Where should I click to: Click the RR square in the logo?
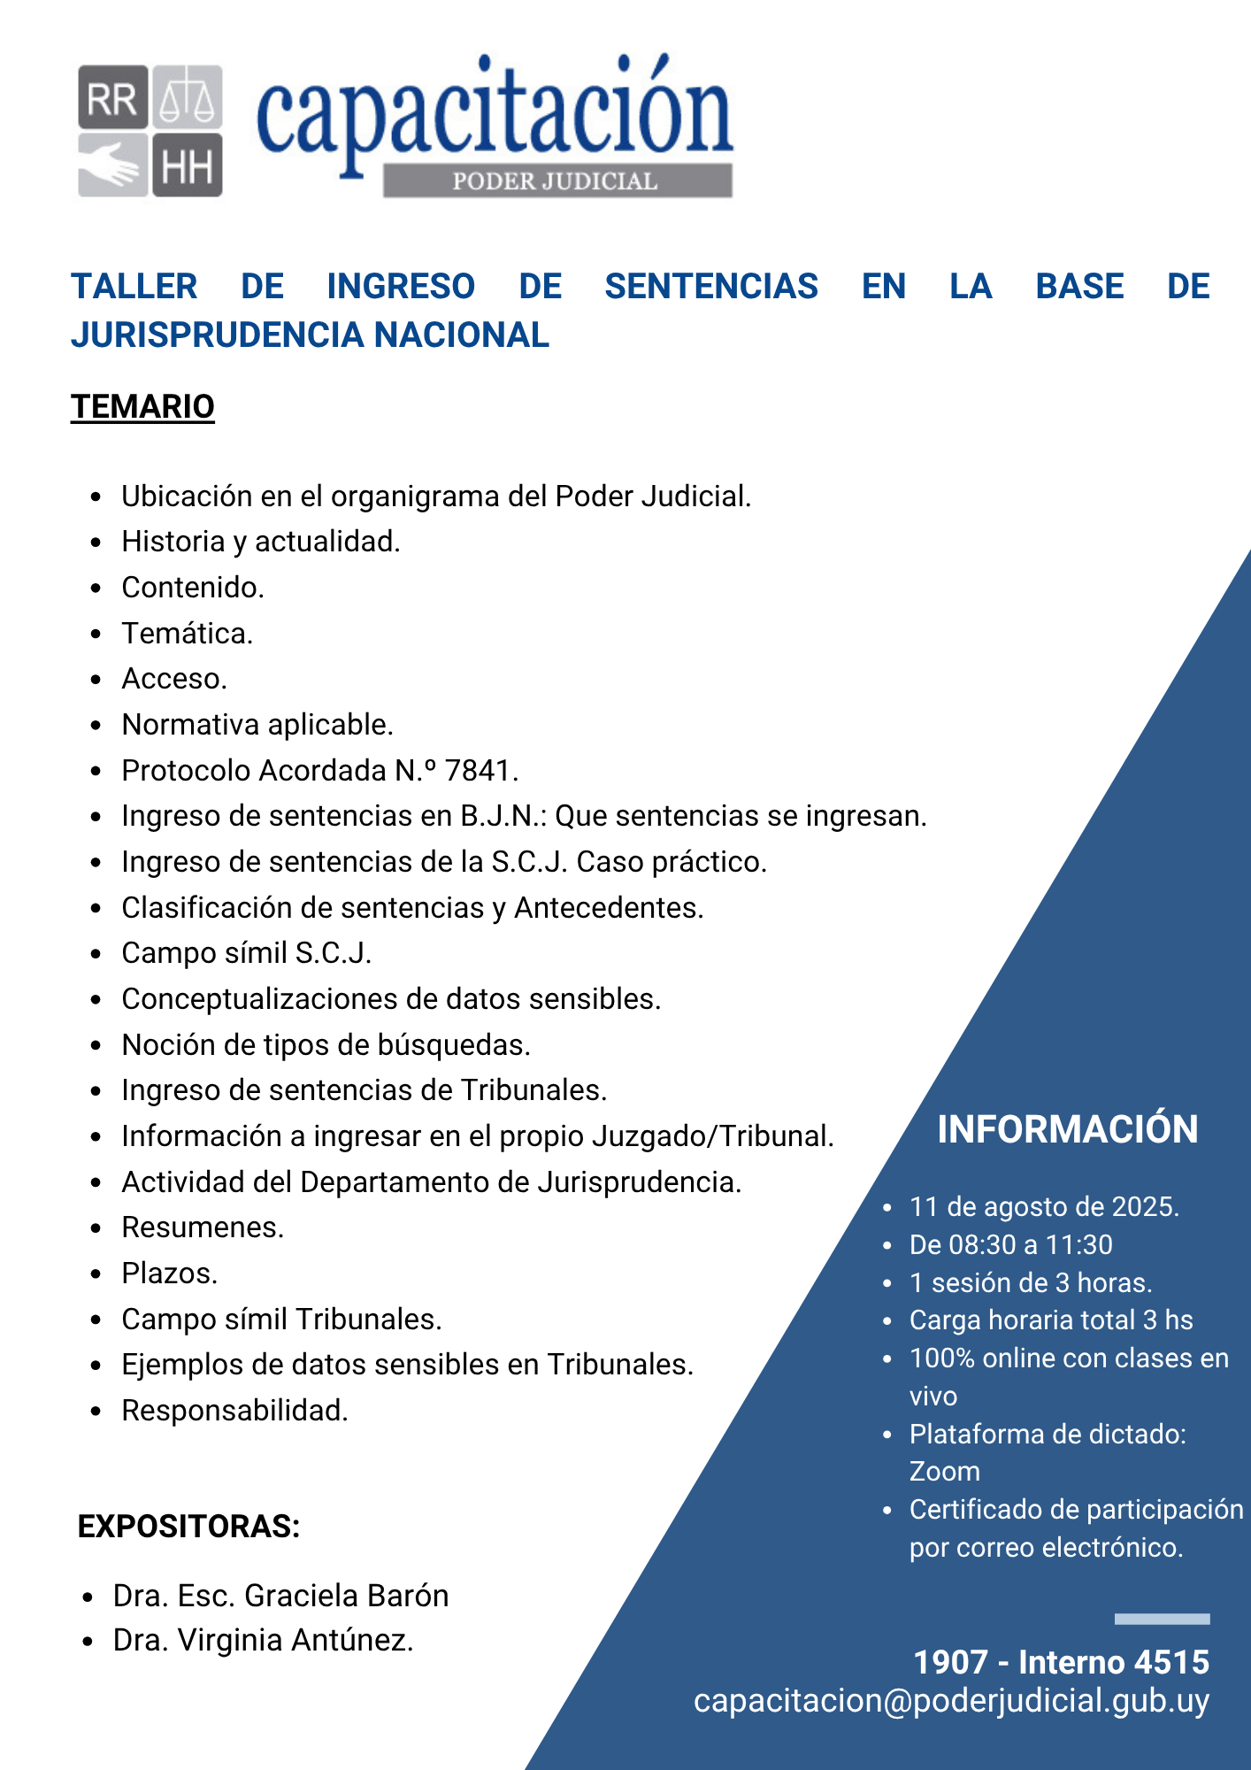(112, 97)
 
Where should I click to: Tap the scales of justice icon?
(188, 97)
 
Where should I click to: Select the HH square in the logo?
(188, 165)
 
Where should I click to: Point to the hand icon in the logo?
(112, 165)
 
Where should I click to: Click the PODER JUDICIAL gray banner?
(556, 181)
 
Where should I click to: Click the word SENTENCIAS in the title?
(711, 287)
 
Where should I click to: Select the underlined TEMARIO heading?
(142, 407)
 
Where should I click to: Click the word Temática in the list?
(187, 634)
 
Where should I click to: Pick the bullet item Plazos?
(169, 1274)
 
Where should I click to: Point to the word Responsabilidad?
(234, 1411)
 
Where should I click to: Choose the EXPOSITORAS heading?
(188, 1527)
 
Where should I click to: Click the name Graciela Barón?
(346, 1596)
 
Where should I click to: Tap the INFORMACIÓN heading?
(1067, 1129)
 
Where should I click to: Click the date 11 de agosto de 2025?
(1044, 1207)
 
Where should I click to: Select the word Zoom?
(944, 1472)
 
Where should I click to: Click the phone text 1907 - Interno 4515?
(1061, 1662)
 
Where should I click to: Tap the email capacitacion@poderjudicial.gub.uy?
(951, 1701)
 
